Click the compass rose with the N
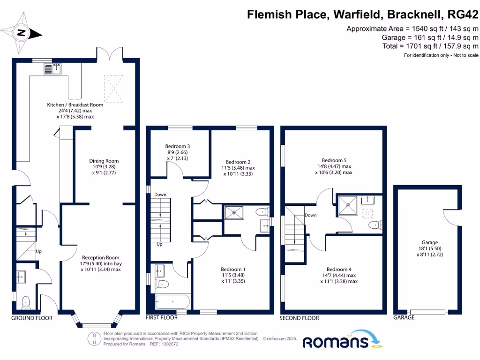coord(21,33)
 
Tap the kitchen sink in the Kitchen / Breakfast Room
coord(53,69)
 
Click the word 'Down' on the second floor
coord(310,215)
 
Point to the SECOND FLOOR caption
coord(299,318)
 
